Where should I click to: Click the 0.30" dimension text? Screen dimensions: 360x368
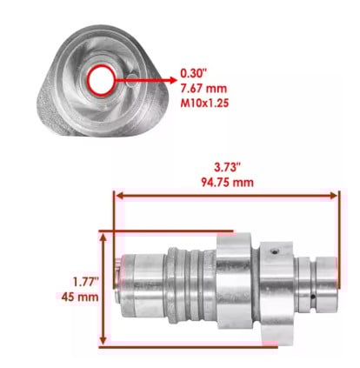tap(193, 73)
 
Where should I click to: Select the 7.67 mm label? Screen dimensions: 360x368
tap(203, 89)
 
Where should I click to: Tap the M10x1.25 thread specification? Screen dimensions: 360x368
tap(204, 104)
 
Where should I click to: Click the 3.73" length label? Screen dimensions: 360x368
tap(227, 167)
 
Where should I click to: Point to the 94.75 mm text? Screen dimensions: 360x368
tap(227, 183)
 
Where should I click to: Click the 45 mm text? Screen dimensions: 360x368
tap(80, 297)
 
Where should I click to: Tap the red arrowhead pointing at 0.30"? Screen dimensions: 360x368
tap(173, 80)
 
